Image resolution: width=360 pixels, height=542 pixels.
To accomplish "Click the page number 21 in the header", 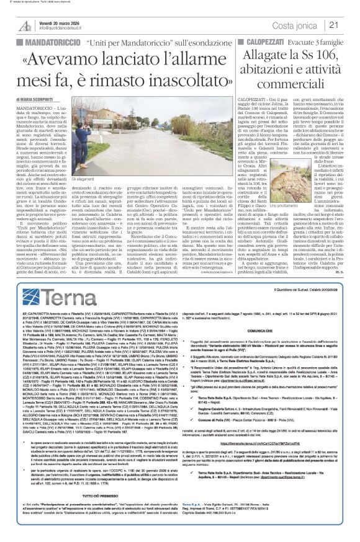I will tap(350, 24).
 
